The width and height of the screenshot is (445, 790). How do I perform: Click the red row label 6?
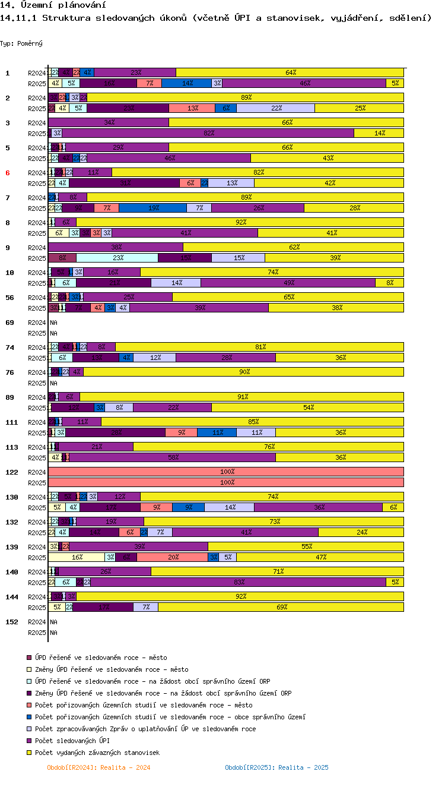(x=8, y=173)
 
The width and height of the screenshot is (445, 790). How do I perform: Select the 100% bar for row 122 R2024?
(x=226, y=472)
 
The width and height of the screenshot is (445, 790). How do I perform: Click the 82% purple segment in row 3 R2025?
(x=203, y=134)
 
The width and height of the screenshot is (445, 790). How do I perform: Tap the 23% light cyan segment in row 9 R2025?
(x=117, y=258)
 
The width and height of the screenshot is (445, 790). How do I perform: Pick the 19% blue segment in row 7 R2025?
(x=152, y=208)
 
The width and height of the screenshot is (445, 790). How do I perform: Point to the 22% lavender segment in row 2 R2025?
(x=275, y=108)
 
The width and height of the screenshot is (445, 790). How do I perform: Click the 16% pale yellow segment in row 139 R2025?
(x=77, y=557)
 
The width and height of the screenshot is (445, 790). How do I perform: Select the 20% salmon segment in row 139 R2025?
(x=172, y=557)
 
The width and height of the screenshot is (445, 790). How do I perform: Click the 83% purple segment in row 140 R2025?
(x=238, y=582)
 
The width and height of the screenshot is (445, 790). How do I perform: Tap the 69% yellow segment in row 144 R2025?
(x=281, y=607)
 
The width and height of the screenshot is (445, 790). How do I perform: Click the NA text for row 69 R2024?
(x=53, y=323)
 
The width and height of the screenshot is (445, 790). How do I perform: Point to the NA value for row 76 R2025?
(x=53, y=383)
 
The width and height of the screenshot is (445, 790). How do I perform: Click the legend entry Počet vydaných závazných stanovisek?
(x=97, y=753)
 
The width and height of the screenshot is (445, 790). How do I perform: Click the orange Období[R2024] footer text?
(x=98, y=767)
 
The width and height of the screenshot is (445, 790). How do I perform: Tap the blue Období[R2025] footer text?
(x=276, y=767)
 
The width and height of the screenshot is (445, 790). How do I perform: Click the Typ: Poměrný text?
(x=21, y=43)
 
